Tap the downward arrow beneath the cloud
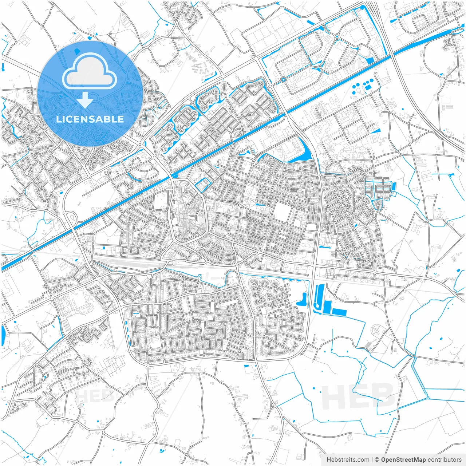click(x=85, y=100)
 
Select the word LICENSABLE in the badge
click(x=90, y=119)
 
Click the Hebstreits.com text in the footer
click(x=348, y=460)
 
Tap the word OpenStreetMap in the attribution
click(x=403, y=460)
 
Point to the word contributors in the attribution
click(x=444, y=460)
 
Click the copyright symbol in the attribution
click(x=377, y=460)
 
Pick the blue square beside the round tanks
click(x=368, y=88)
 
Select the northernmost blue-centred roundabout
click(x=337, y=36)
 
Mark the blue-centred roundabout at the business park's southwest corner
click(x=283, y=79)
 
